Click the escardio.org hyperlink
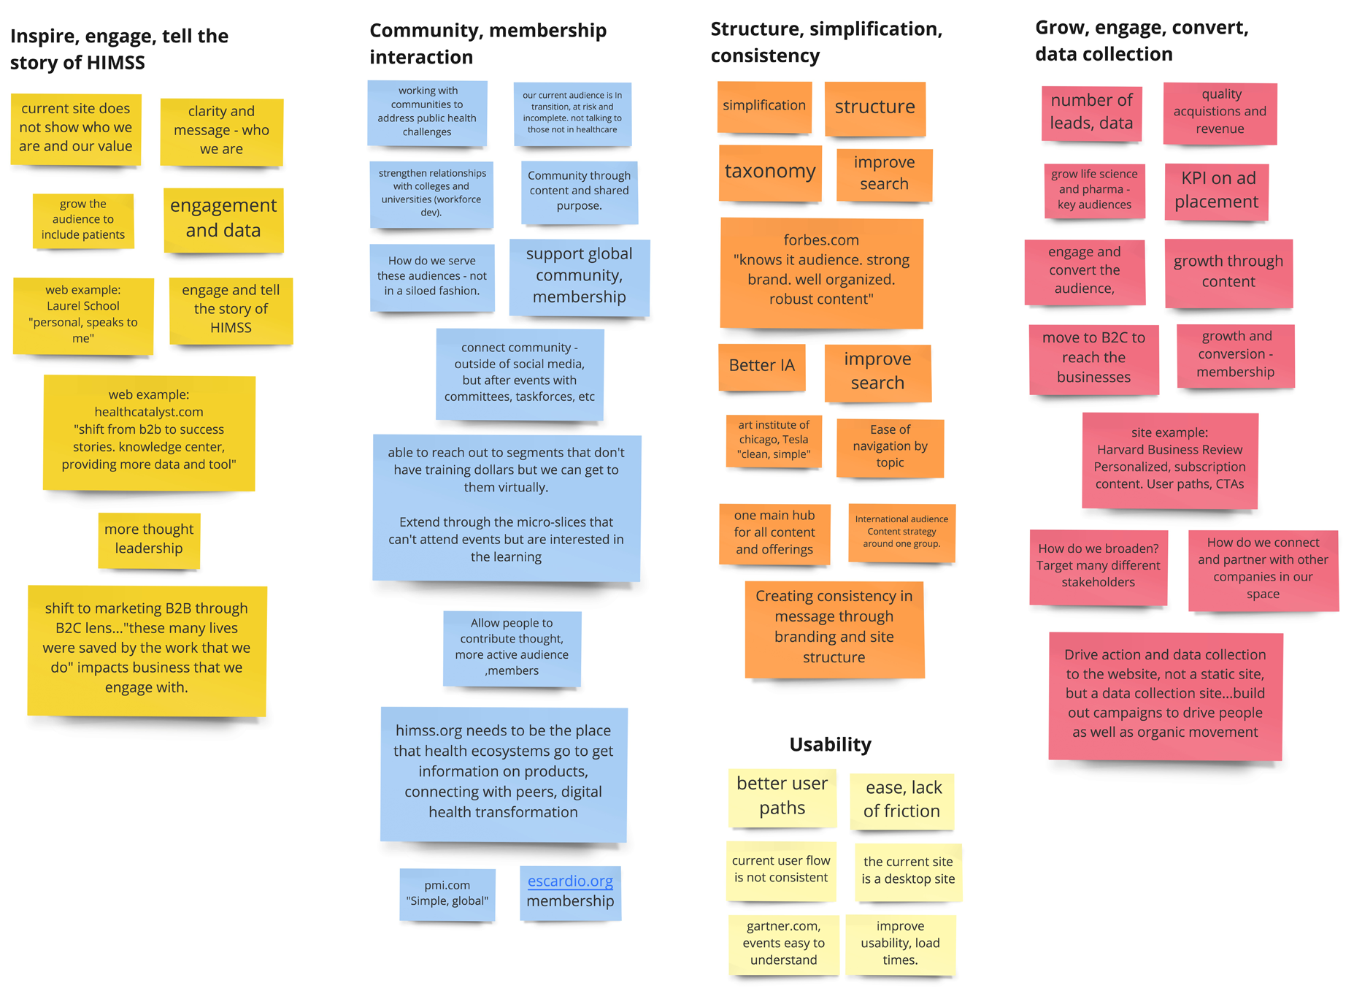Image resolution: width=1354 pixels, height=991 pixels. coord(570,881)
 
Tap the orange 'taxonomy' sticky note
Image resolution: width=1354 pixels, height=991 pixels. coord(770,172)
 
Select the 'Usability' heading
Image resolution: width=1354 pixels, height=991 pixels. coord(830,744)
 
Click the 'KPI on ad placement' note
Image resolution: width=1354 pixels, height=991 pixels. coord(1216,191)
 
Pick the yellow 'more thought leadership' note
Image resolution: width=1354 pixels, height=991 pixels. coord(149,539)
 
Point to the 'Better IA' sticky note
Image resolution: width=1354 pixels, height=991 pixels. coord(761,366)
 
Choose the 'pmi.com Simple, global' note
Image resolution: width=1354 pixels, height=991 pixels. coord(447,893)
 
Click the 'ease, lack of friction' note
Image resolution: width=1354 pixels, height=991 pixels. coord(902,800)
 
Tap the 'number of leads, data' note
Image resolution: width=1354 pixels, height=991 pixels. coord(1091,112)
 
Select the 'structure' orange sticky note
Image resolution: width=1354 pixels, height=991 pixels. coord(874,107)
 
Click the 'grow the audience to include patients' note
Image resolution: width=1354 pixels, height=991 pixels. coord(82,220)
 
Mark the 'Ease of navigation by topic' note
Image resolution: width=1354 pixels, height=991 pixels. coord(890,446)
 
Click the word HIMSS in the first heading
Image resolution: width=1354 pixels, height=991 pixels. coord(118,63)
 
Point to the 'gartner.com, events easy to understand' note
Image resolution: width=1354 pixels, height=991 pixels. coord(783,943)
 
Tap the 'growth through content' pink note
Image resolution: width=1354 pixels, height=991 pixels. coord(1228,272)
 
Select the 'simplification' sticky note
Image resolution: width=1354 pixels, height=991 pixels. coord(764,106)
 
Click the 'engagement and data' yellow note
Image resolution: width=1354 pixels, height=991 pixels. coord(223,218)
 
